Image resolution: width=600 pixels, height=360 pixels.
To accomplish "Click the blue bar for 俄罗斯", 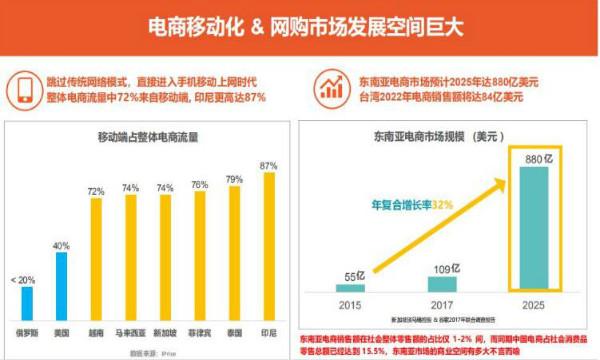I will tap(26, 301).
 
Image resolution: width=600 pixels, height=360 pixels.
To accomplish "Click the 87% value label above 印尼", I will tap(268, 165).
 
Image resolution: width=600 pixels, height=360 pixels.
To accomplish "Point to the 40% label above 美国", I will tap(60, 246).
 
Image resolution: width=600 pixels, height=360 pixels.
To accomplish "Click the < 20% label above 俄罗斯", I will tap(25, 280).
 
